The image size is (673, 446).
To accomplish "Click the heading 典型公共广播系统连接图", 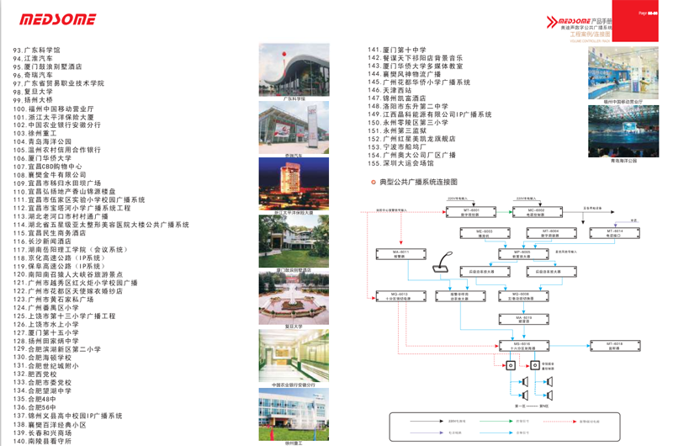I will pos(418,182).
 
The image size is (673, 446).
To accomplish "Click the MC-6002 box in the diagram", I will pos(535,211).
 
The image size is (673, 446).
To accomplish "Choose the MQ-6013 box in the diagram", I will pos(400,296).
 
